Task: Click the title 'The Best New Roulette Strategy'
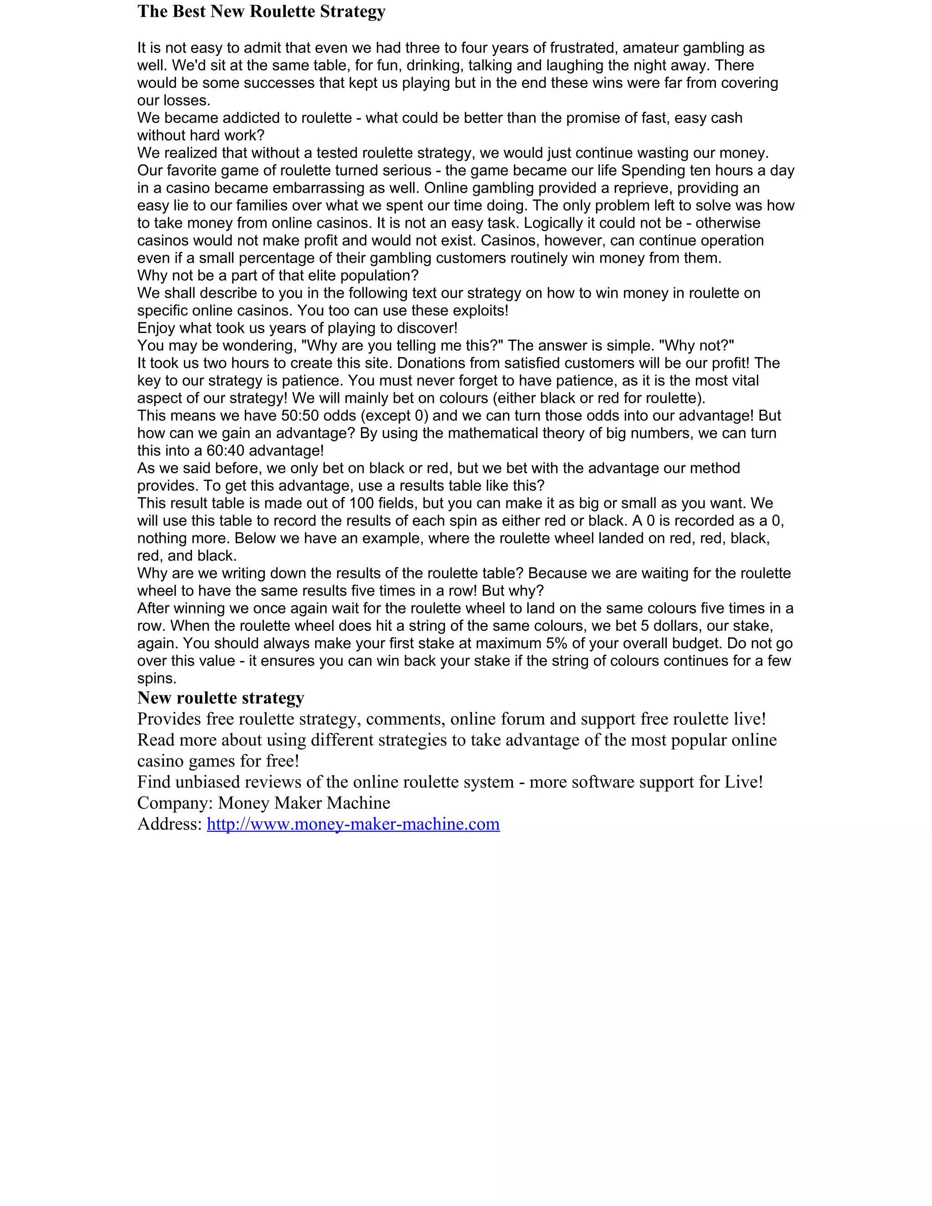[x=261, y=11]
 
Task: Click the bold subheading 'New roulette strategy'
[x=221, y=698]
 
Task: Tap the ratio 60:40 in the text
[x=225, y=451]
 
